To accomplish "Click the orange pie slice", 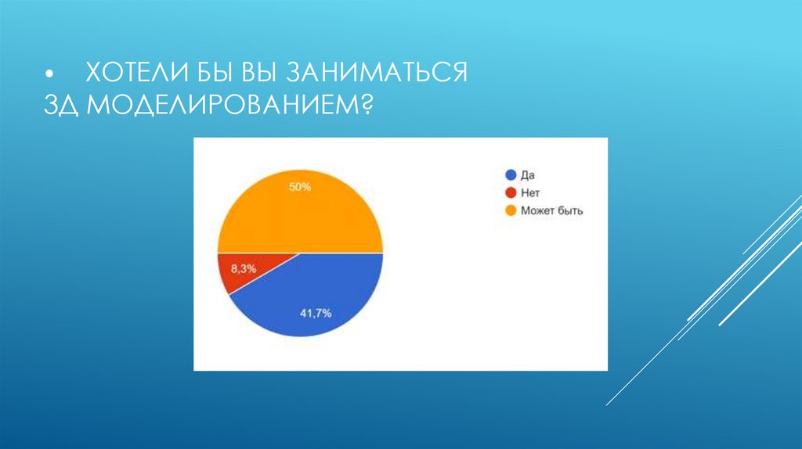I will point(300,215).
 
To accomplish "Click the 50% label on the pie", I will point(300,188).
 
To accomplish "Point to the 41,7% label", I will point(316,314).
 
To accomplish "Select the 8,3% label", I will point(243,268).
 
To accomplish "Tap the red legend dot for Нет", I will point(511,192).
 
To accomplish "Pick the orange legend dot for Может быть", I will point(511,210).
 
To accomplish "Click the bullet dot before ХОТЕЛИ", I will point(50,75).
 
